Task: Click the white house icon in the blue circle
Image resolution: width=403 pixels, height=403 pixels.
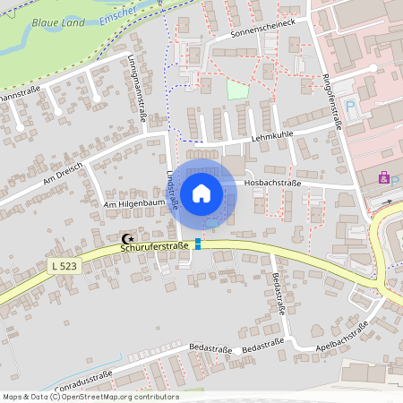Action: pyautogui.click(x=201, y=193)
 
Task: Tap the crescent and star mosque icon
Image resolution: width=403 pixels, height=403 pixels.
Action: pyautogui.click(x=127, y=239)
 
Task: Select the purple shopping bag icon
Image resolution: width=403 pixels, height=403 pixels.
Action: pyautogui.click(x=384, y=178)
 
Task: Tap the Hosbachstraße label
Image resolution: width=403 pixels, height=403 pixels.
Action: pyautogui.click(x=272, y=182)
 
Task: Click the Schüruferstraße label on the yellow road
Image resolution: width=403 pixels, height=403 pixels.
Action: pyautogui.click(x=154, y=245)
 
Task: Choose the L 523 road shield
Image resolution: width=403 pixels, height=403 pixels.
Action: pyautogui.click(x=62, y=266)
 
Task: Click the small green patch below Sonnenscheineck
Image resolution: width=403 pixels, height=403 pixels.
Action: pyautogui.click(x=236, y=90)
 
